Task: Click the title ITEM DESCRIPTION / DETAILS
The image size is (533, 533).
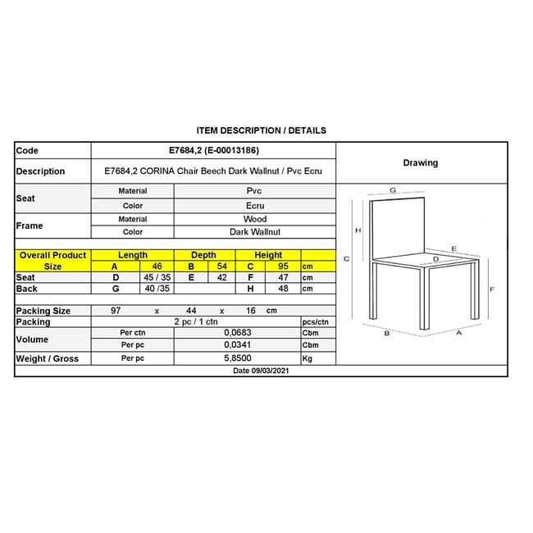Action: (x=262, y=130)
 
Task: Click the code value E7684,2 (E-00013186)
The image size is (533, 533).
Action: (x=212, y=151)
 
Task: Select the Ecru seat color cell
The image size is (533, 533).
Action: (x=254, y=206)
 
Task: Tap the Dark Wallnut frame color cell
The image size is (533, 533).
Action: (x=254, y=232)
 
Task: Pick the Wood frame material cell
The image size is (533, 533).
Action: (x=254, y=219)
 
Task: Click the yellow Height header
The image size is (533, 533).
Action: (x=268, y=255)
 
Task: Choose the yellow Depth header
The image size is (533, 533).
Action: (x=203, y=255)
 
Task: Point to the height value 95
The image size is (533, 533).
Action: (x=285, y=266)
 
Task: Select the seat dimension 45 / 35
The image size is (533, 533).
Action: (x=157, y=278)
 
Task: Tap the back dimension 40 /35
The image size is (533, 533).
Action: (x=157, y=289)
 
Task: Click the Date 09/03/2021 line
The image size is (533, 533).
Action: (x=261, y=371)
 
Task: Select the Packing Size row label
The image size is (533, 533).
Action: (x=43, y=311)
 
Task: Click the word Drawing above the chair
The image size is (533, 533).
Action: (x=420, y=162)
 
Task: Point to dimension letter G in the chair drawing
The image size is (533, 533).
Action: (x=393, y=189)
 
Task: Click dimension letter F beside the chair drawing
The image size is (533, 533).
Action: (x=491, y=289)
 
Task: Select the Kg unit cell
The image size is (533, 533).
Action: (x=308, y=359)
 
